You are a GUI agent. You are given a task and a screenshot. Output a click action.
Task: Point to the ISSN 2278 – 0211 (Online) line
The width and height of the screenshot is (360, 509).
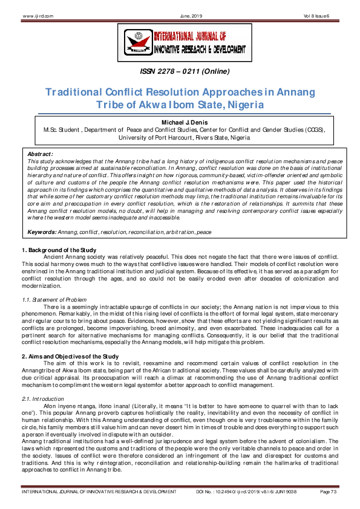tap(180, 72)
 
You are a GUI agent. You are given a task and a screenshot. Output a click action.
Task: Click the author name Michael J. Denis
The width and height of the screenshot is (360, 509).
tap(180, 123)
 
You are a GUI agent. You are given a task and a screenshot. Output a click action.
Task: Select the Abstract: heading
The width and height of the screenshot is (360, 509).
tap(41, 154)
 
